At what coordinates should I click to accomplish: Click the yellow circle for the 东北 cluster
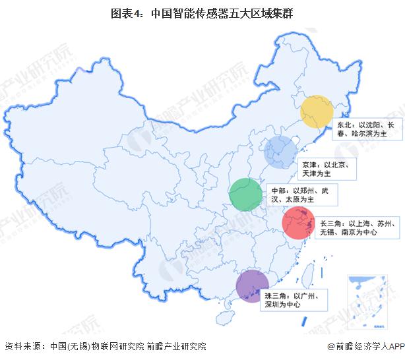pos(315,112)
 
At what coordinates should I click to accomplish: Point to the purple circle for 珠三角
pos(253,287)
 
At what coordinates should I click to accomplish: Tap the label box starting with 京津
pos(328,168)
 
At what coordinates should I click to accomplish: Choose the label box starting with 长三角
pos(357,227)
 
